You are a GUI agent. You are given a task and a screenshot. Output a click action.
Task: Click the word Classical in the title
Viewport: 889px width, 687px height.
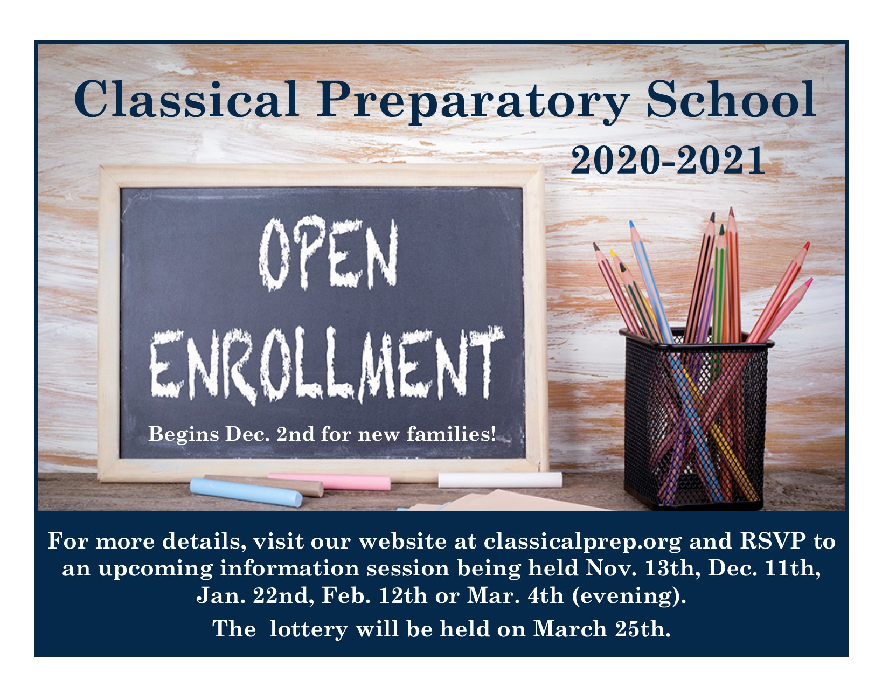tap(186, 99)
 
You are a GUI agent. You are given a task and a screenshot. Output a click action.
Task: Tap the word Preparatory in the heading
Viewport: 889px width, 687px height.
tap(473, 102)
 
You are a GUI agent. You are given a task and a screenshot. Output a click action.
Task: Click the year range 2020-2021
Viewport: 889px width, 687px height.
tap(668, 160)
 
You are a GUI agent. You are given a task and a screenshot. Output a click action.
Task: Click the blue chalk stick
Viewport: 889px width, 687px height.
tap(246, 492)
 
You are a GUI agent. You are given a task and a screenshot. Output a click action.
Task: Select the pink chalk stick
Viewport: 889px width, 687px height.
tap(330, 481)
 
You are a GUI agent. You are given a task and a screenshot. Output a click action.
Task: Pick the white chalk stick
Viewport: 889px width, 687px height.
tap(500, 480)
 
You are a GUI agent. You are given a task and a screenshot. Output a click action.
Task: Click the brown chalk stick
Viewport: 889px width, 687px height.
tap(264, 485)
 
